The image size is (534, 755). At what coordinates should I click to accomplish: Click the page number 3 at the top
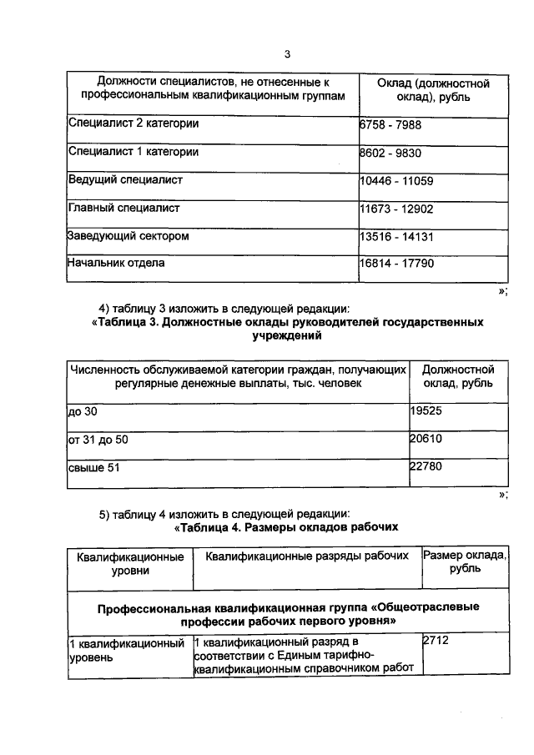pos(286,54)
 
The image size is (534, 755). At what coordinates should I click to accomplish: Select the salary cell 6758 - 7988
pos(391,124)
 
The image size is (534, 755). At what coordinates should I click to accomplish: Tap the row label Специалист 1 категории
pos(133,153)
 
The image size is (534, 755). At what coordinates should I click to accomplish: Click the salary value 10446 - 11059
pos(396,179)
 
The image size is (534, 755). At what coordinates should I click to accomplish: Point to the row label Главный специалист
pos(123,208)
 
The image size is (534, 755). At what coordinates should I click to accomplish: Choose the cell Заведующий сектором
pos(128,236)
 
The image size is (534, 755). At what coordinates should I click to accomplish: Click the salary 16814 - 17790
pos(396,264)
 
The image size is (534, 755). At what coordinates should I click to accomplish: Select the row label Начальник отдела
pos(116,263)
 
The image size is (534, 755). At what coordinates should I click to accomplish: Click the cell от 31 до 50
pos(98,439)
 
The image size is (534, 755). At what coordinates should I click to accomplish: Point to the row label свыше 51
pos(94,467)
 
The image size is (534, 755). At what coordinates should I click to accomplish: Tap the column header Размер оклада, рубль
pos(464,562)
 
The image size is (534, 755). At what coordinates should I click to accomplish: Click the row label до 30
pos(83,412)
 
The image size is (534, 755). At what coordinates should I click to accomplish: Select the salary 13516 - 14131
pos(396,236)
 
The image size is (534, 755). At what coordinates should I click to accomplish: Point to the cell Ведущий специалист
pos(125,179)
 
